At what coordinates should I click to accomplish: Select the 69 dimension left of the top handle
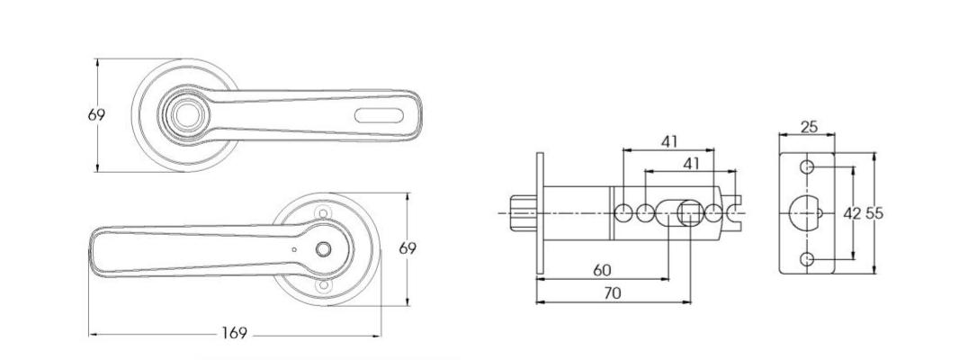coord(96,115)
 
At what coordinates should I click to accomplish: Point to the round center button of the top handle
coord(187,114)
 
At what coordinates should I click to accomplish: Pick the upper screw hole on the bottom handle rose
coord(323,211)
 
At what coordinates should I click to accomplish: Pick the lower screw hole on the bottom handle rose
coord(323,287)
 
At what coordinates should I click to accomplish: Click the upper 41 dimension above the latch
coord(668,141)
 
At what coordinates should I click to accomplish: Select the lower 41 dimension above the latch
coord(690,163)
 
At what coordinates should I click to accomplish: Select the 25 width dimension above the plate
coord(808,127)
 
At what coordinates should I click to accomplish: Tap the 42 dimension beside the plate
coord(852,213)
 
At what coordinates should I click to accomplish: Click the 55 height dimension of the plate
coord(874,213)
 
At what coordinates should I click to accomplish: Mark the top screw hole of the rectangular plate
coord(808,167)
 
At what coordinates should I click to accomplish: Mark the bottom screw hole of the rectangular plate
coord(808,259)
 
